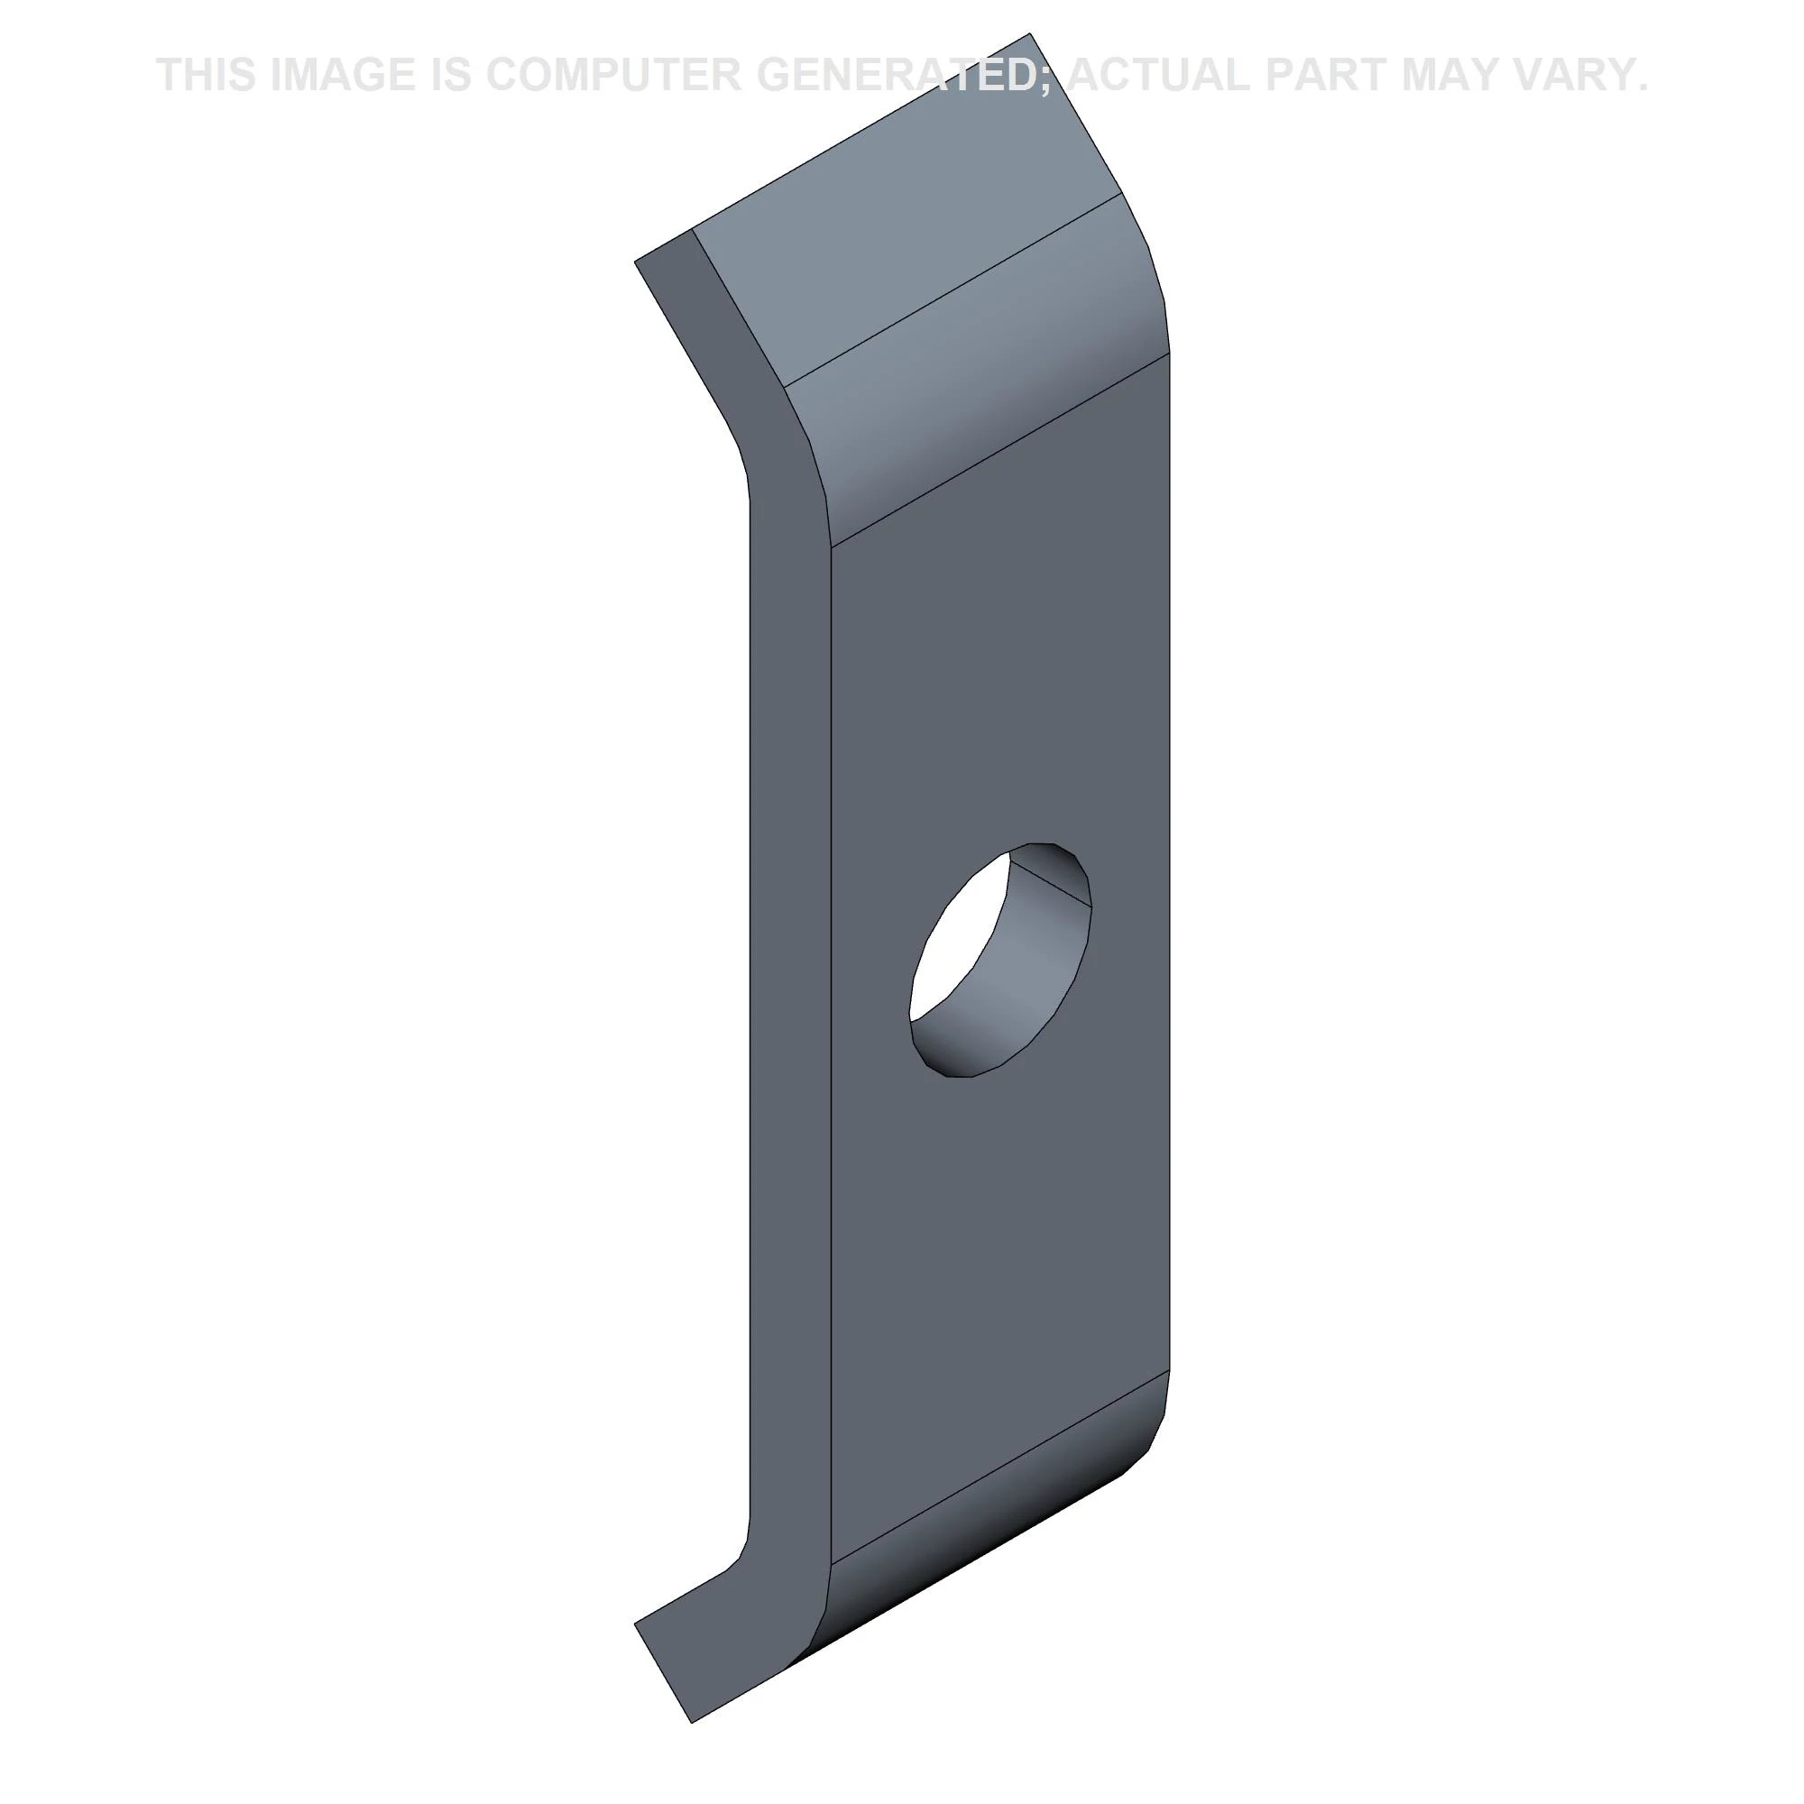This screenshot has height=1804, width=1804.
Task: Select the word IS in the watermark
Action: click(x=450, y=75)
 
